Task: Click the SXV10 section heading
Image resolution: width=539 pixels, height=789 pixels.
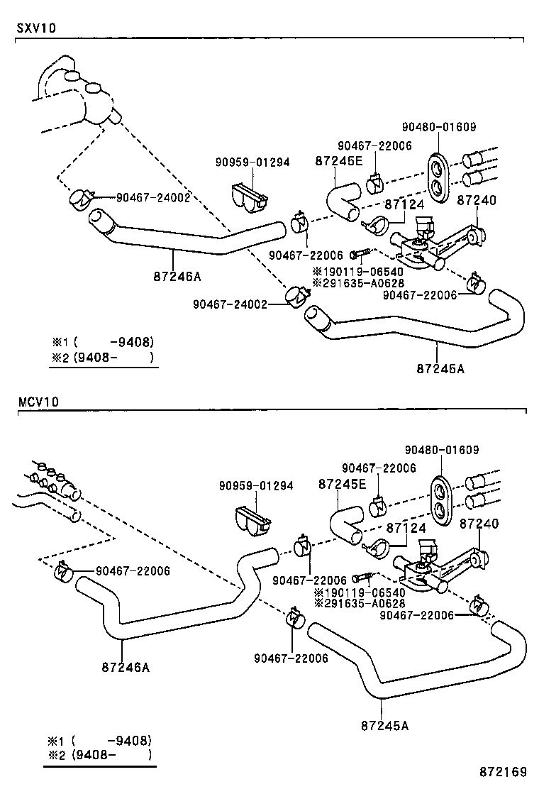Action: tap(36, 28)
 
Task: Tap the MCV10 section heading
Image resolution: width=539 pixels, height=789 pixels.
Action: tap(38, 402)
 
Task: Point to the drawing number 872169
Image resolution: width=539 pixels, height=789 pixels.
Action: tap(503, 772)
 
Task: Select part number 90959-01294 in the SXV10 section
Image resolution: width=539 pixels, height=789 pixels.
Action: tap(253, 162)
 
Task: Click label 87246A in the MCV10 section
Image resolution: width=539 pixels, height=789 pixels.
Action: tap(126, 667)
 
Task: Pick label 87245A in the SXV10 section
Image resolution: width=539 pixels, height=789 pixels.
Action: tap(440, 369)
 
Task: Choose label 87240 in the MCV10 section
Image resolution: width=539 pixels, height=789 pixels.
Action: tap(479, 524)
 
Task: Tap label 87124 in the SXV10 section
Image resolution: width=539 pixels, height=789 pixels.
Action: tap(405, 204)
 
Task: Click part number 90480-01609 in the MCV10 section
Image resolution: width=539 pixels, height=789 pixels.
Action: tap(442, 449)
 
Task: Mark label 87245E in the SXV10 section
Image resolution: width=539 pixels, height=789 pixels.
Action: tap(339, 160)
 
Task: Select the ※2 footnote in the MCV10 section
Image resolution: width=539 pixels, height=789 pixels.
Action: tap(99, 755)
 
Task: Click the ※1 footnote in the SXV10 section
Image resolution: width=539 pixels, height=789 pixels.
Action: tap(103, 342)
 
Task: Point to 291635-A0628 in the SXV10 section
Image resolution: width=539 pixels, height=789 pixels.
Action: tap(358, 283)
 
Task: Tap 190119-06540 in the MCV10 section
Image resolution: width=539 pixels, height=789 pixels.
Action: tap(360, 592)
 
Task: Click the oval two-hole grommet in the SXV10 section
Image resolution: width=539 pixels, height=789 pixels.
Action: tap(438, 178)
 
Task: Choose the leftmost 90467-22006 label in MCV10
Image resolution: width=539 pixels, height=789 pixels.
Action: tap(133, 570)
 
